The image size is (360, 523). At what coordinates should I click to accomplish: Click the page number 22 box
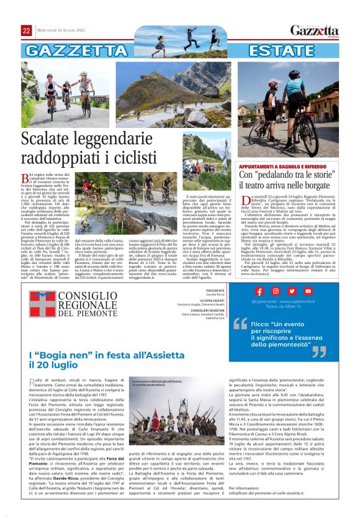coord(27,30)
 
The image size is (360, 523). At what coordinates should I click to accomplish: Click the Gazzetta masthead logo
coord(315,30)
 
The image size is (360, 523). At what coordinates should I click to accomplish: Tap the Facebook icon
coord(259,291)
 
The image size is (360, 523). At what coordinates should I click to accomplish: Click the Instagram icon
coord(276,291)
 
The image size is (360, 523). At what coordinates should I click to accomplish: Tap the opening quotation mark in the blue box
coord(240,322)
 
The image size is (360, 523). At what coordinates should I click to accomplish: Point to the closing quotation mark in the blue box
coord(319,352)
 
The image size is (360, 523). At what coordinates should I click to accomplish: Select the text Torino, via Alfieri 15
coord(283,307)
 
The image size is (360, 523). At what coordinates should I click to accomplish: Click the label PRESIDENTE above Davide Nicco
coord(215,291)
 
